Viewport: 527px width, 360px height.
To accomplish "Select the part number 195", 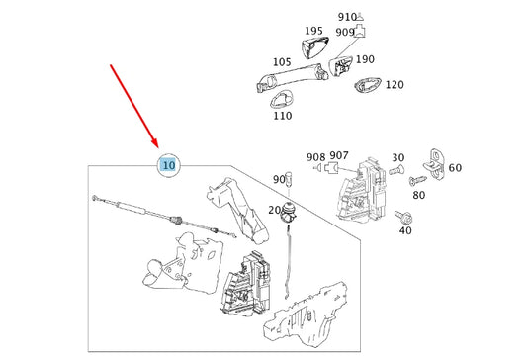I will click(313, 32).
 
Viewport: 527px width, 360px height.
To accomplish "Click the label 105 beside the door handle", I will click(281, 62).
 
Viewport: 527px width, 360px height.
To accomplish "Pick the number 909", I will click(343, 33).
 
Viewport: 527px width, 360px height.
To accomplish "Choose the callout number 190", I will click(365, 58).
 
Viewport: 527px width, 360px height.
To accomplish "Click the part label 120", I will click(395, 85).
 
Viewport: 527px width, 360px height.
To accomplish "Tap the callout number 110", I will click(282, 116).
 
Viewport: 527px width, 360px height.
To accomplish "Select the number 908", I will click(315, 156).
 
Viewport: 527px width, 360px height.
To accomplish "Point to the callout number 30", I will click(397, 157).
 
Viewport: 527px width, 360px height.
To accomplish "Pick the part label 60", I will click(454, 167).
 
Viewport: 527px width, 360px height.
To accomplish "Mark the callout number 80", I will click(418, 195).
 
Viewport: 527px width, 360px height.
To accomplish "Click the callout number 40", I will click(404, 230).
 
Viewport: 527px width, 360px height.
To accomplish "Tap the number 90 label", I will click(279, 179).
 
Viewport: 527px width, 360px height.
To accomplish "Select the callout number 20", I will click(274, 211).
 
